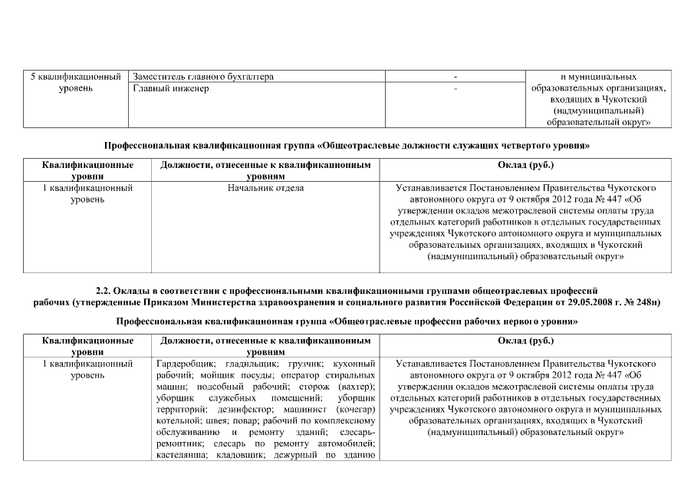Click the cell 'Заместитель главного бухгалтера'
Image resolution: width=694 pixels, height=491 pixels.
(203, 77)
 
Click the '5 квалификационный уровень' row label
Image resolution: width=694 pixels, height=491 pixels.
(75, 83)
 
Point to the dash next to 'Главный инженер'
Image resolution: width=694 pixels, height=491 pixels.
(455, 90)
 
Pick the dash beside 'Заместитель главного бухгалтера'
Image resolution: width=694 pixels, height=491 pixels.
(455, 77)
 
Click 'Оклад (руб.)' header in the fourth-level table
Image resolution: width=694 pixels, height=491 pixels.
(525, 166)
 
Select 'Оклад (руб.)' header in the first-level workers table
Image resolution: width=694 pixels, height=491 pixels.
(525, 340)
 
